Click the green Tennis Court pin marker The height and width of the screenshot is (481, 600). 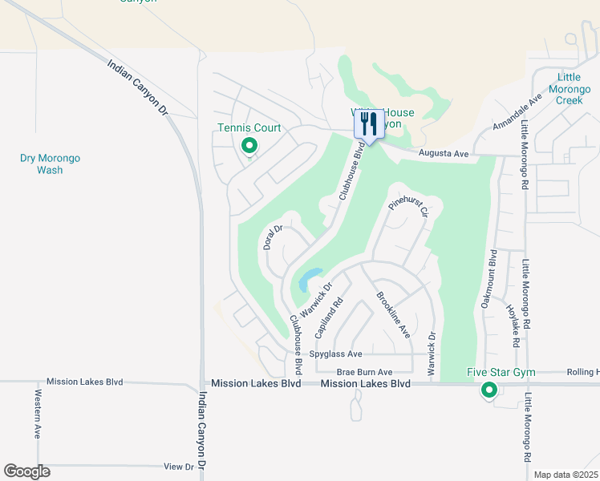249,146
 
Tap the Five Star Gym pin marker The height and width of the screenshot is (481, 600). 489,390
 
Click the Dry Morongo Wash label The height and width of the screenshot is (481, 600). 50,164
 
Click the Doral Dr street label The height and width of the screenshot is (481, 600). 274,237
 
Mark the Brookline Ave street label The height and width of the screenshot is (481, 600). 393,313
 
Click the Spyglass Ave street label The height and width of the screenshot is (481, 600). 337,354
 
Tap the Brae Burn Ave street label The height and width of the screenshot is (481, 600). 364,372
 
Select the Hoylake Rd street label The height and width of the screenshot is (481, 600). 514,325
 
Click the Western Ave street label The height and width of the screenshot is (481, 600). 38,414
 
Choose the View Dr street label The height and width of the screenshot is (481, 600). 178,466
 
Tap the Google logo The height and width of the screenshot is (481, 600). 26,471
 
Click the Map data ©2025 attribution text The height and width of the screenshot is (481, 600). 565,475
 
